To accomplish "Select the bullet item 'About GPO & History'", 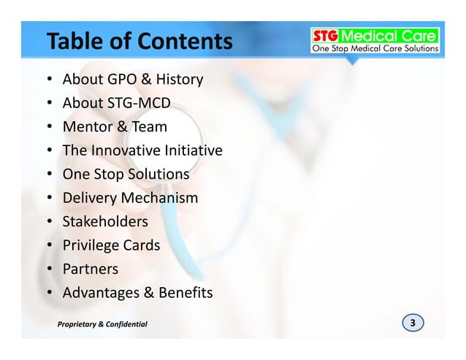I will point(133,79).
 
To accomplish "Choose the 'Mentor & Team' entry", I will point(115,127).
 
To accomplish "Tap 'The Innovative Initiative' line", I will point(142,151).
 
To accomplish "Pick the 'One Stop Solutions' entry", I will point(126,175).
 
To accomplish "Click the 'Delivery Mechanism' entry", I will point(130,199).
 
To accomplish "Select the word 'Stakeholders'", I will point(105,221).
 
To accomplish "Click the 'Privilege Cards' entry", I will point(111,245).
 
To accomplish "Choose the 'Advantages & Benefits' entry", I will point(137,294).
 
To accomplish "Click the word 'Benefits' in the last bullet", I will point(183,294).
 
